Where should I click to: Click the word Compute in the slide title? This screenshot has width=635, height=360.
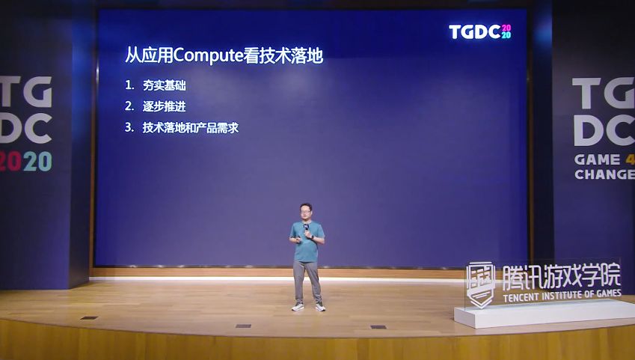(x=204, y=55)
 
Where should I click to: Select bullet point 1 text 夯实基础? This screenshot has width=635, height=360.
(x=164, y=85)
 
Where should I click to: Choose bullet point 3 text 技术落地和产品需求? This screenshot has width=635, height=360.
(x=190, y=127)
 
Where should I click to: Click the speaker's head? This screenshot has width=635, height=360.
(x=307, y=212)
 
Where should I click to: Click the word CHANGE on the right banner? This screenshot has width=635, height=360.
(x=604, y=174)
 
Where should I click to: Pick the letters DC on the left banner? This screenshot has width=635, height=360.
(x=25, y=129)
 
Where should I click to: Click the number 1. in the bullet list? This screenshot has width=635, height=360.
(x=129, y=85)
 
